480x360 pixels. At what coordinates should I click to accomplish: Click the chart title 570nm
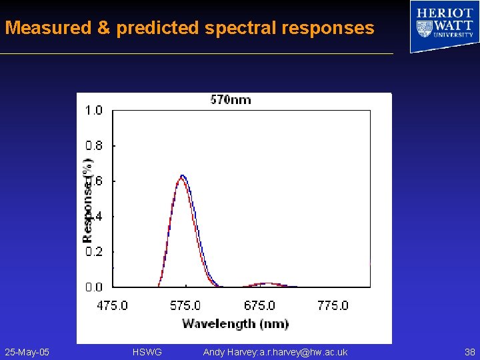pyautogui.click(x=231, y=100)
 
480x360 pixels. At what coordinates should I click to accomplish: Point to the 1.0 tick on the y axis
pyautogui.click(x=93, y=111)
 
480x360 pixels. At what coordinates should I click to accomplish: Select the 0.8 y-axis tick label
pyautogui.click(x=93, y=145)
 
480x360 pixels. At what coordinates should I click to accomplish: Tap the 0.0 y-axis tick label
pyautogui.click(x=93, y=287)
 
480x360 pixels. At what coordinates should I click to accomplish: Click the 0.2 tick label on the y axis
pyautogui.click(x=93, y=252)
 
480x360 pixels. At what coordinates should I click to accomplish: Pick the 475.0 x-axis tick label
pyautogui.click(x=112, y=306)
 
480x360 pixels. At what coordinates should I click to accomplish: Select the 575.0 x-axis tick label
pyautogui.click(x=185, y=306)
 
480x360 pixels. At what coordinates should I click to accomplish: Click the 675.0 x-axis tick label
pyautogui.click(x=259, y=306)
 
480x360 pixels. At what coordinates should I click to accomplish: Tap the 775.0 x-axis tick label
pyautogui.click(x=333, y=306)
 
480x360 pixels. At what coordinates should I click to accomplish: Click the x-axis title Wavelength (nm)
pyautogui.click(x=235, y=324)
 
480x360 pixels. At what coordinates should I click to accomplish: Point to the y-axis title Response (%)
pyautogui.click(x=87, y=200)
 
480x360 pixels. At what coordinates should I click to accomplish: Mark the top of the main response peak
pyautogui.click(x=181, y=176)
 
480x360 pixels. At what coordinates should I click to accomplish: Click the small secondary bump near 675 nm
pyautogui.click(x=266, y=283)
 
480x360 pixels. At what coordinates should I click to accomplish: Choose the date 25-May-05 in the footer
pyautogui.click(x=27, y=352)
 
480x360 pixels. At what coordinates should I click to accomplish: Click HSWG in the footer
pyautogui.click(x=147, y=352)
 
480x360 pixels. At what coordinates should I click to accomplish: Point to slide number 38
pyautogui.click(x=469, y=352)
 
